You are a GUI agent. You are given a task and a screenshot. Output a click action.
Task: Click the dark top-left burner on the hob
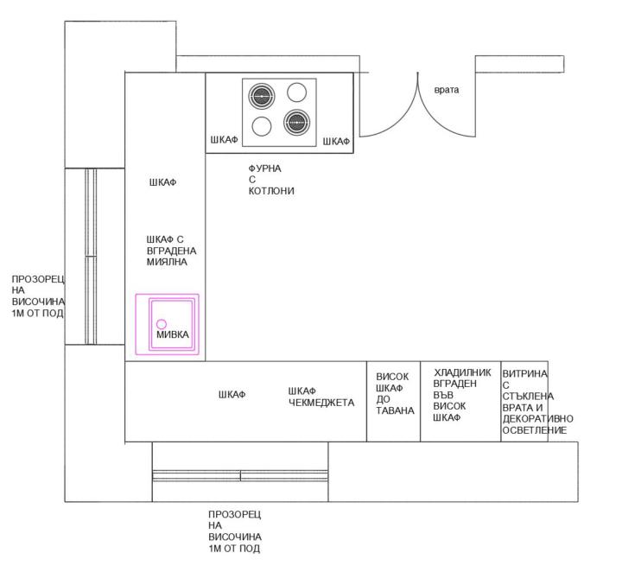(x=262, y=96)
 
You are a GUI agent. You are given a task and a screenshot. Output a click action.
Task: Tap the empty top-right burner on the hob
(x=296, y=92)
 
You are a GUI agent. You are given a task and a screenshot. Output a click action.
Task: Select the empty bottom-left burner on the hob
(x=262, y=126)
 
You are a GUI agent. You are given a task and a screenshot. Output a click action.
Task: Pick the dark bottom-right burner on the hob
(x=296, y=122)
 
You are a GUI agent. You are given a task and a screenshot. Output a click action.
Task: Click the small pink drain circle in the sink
(x=162, y=324)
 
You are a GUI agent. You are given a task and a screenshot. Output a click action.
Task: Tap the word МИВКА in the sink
(x=173, y=334)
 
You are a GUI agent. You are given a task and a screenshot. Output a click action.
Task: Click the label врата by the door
(x=447, y=90)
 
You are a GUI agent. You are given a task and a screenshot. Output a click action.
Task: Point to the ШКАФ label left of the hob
(x=224, y=140)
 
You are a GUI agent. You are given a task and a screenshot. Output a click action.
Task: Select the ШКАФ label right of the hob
(x=336, y=141)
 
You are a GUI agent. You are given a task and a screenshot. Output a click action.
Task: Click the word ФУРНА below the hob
(x=265, y=168)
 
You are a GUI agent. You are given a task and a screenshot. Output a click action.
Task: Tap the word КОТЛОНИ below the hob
(x=271, y=191)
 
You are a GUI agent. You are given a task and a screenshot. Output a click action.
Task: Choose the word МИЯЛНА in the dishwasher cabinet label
(x=167, y=262)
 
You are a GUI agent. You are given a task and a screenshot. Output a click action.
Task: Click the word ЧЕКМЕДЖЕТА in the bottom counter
(x=321, y=403)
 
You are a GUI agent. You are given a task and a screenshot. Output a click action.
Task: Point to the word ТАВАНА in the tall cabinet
(x=395, y=410)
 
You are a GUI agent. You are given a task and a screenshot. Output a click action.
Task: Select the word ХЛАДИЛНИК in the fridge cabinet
(x=462, y=372)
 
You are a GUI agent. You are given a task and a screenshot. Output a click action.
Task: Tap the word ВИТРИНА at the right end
(x=525, y=373)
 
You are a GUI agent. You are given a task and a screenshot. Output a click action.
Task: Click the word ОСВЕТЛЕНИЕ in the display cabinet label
(x=535, y=430)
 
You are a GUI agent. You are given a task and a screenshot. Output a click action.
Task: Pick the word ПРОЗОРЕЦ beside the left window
(x=38, y=279)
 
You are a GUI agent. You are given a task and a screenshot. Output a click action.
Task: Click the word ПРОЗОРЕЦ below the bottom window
(x=235, y=514)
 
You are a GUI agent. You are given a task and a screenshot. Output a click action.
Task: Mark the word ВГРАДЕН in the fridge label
(x=455, y=384)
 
